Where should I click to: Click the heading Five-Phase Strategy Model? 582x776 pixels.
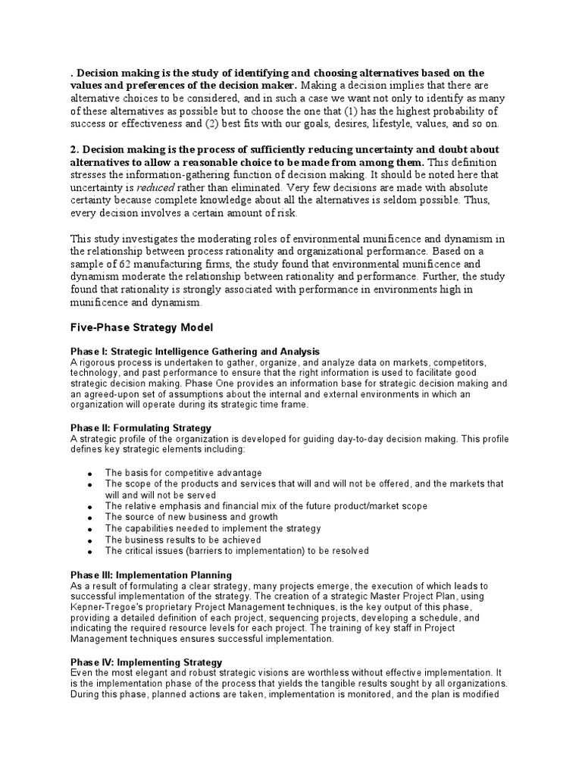[x=142, y=327]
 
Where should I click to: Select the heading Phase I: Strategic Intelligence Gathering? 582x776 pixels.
[x=195, y=352]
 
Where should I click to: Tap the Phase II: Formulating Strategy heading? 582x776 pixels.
[x=141, y=428]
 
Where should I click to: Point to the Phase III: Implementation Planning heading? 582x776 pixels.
[x=151, y=575]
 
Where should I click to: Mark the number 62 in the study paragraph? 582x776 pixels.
[x=125, y=264]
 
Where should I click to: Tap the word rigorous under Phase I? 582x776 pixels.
[x=98, y=362]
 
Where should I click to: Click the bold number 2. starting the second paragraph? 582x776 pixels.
[x=74, y=149]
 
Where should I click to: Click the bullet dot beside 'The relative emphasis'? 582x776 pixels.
[x=89, y=506]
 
